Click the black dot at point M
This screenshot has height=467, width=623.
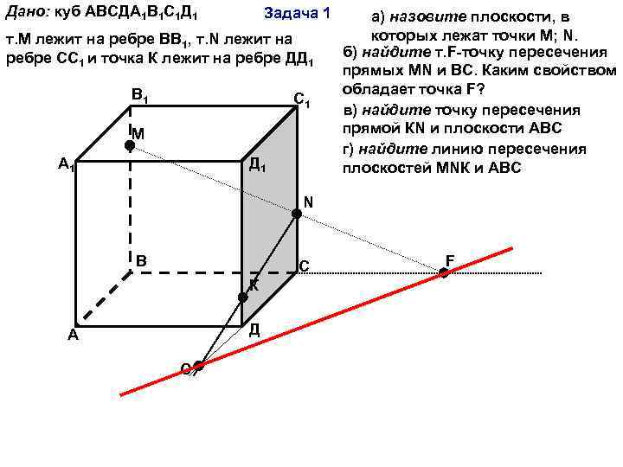click(x=129, y=147)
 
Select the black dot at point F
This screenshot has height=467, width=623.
click(x=444, y=272)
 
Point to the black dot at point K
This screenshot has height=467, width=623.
click(x=243, y=297)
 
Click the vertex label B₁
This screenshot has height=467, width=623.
click(x=139, y=94)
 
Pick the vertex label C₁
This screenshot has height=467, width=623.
click(x=302, y=99)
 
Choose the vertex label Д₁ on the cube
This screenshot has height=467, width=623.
click(x=257, y=164)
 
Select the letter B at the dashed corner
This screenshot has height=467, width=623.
click(x=141, y=259)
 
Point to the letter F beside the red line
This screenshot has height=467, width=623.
click(x=450, y=259)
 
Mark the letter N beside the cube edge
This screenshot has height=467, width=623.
click(x=308, y=203)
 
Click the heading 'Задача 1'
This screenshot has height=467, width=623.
click(x=296, y=13)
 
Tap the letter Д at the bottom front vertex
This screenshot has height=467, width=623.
click(x=254, y=329)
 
